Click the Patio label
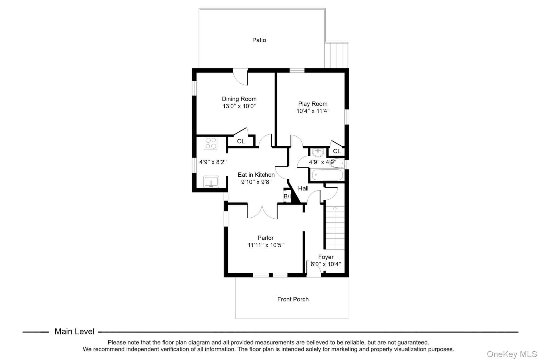259,40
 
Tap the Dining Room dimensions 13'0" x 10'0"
239,106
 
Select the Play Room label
313,104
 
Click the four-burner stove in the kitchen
210,143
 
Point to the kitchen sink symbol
211,182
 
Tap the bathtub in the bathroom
327,175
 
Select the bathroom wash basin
318,152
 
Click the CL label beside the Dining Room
241,141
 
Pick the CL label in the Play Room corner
337,151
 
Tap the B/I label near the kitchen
287,196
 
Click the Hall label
303,189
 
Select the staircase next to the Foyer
334,228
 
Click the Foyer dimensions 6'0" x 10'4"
326,264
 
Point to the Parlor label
266,238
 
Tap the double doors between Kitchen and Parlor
262,211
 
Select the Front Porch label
293,299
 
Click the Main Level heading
74,332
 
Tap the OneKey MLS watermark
512,354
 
